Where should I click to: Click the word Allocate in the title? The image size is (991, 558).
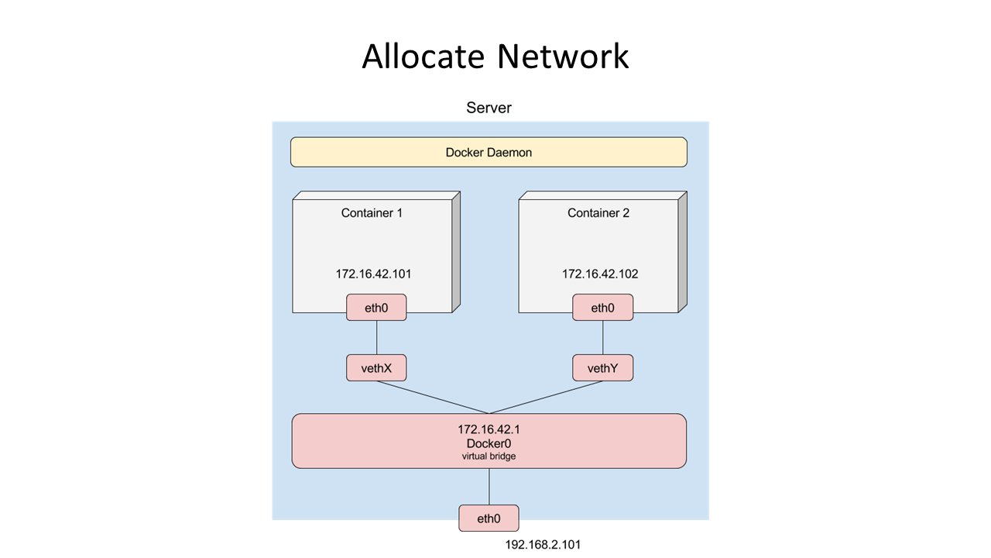coord(423,57)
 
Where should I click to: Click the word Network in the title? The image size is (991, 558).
coord(563,57)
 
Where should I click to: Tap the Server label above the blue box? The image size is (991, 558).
coord(489,108)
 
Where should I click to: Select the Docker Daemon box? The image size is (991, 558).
coord(489,152)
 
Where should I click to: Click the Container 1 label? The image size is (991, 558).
coord(372,213)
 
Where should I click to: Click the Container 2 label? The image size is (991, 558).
coord(598,213)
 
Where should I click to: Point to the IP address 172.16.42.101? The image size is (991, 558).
coord(373,274)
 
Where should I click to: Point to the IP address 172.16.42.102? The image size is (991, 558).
coord(600,274)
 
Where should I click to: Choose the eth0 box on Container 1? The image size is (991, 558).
coord(376,308)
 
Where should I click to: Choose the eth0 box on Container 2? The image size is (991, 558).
coord(602,308)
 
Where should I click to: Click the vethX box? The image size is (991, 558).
coord(376,367)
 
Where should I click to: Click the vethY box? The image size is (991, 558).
coord(602,367)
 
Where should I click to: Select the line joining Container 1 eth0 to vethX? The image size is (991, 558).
coord(376,337)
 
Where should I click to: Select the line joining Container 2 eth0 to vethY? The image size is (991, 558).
coord(602,337)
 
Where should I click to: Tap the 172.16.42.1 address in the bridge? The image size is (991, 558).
coord(489,429)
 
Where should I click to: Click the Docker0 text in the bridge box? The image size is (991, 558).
coord(489,444)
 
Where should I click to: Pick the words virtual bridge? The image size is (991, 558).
coord(489,456)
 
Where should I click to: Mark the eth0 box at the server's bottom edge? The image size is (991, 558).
coord(489,518)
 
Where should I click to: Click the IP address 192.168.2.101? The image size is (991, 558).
coord(543,545)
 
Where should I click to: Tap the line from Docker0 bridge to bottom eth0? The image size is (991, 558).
coord(489,487)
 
